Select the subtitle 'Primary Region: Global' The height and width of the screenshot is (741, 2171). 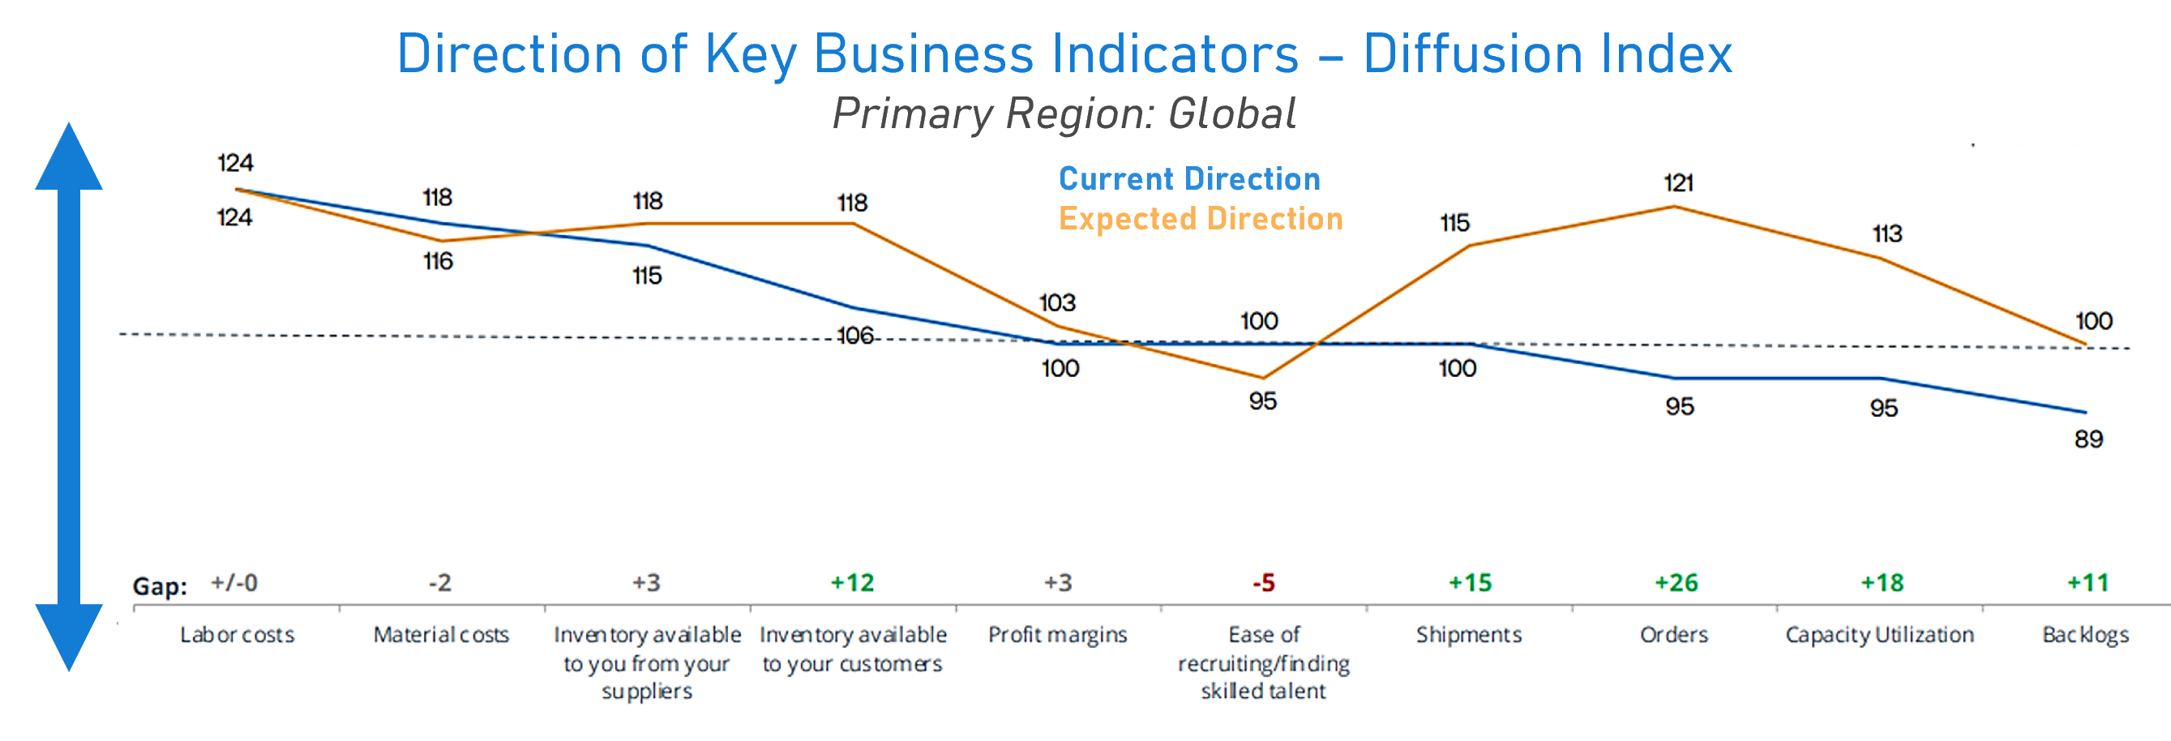click(1064, 114)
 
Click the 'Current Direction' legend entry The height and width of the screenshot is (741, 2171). click(1189, 178)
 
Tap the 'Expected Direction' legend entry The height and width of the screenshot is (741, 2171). click(1200, 219)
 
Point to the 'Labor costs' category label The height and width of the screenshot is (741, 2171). click(237, 635)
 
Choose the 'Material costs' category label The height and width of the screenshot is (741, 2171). click(441, 635)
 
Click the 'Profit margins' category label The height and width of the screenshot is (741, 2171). click(1058, 635)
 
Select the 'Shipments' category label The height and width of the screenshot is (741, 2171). click(1469, 635)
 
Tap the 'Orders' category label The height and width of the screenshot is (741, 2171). click(1675, 635)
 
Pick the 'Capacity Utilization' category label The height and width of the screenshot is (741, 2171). click(1879, 635)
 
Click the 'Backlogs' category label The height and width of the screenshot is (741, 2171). click(2086, 635)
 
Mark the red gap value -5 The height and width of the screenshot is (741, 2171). click(1263, 583)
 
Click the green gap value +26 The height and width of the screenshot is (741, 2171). click(1676, 583)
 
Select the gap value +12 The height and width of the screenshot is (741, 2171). click(852, 583)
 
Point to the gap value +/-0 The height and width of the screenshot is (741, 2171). click(235, 583)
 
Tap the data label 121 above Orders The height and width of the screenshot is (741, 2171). click(1678, 182)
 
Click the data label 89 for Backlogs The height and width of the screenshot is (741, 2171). click(2088, 439)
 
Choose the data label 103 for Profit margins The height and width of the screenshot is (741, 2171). click(1057, 302)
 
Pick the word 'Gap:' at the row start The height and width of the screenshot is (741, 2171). click(158, 586)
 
